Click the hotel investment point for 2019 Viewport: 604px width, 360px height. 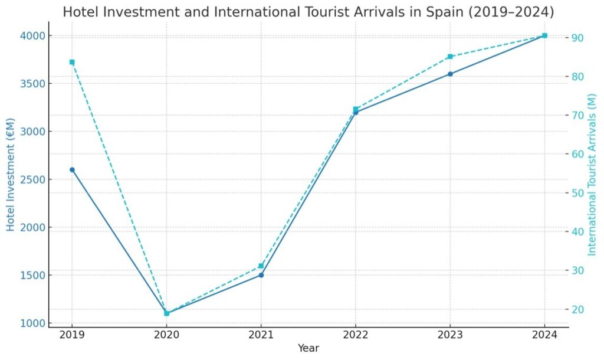72,170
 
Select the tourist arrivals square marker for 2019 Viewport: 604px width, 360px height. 72,62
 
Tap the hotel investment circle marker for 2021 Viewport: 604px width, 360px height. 261,275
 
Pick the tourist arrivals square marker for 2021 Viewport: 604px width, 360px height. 261,266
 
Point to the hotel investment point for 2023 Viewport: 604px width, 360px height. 450,74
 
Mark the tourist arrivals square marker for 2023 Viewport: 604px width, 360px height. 450,57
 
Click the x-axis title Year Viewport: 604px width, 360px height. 308,348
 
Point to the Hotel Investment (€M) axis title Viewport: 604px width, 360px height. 11,179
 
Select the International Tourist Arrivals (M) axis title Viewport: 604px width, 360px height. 593,175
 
